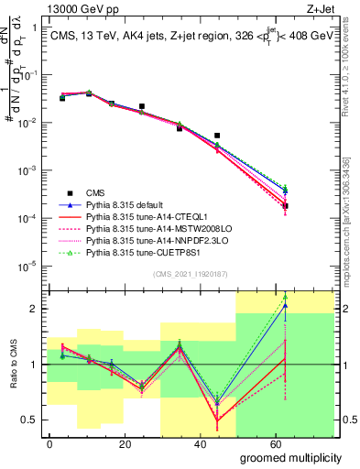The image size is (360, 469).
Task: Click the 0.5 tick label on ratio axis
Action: (30, 421)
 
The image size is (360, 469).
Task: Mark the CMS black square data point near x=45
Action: (217, 136)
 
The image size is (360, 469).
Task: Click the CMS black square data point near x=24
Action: (141, 106)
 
